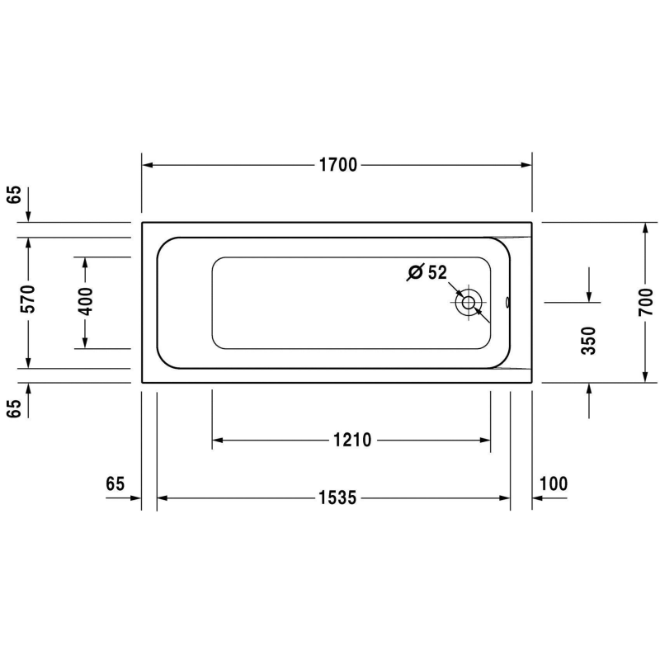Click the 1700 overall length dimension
tap(337, 164)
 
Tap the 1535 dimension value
tap(337, 498)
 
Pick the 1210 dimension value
tap(352, 441)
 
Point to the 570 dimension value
tap(28, 302)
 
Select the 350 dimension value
tap(588, 340)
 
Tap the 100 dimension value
tap(553, 484)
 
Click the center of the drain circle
tap(469, 302)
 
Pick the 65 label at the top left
tap(14, 195)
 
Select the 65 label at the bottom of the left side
tap(14, 408)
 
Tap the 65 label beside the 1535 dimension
tap(115, 484)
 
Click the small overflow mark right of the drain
tap(507, 302)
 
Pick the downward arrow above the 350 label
tap(588, 297)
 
